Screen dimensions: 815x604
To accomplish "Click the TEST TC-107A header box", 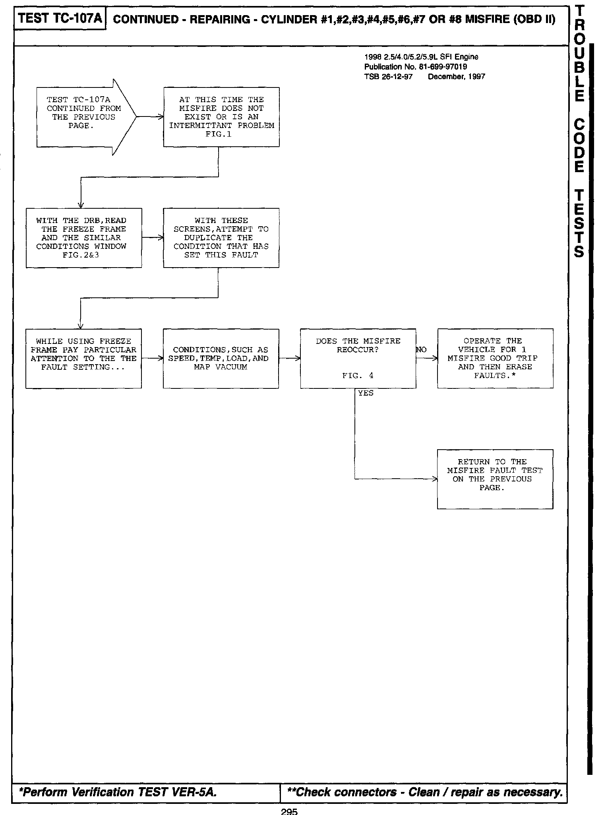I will [60, 19].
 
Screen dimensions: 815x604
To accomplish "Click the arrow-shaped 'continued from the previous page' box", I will [83, 117].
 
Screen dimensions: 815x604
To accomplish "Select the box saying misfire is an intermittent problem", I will [221, 117].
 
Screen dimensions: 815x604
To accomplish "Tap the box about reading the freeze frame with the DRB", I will [83, 238].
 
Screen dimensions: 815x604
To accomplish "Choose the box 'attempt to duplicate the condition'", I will [221, 238].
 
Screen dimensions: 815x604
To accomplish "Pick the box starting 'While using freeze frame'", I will [83, 358].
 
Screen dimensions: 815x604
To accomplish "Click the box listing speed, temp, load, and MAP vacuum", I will [221, 358].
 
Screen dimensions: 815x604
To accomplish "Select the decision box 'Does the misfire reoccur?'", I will [358, 358].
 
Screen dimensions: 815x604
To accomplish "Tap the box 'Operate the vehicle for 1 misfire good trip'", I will [495, 358].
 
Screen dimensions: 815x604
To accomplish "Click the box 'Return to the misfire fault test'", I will [495, 479].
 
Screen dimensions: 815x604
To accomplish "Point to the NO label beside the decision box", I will [421, 350].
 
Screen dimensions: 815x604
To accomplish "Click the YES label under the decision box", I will [366, 393].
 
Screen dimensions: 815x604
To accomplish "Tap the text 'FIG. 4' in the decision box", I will [358, 376].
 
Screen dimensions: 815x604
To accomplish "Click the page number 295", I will [289, 811].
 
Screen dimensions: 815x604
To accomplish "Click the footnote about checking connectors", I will [424, 792].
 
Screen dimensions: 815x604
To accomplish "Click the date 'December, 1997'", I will [457, 77].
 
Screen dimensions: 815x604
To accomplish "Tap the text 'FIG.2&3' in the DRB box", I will [81, 255].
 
